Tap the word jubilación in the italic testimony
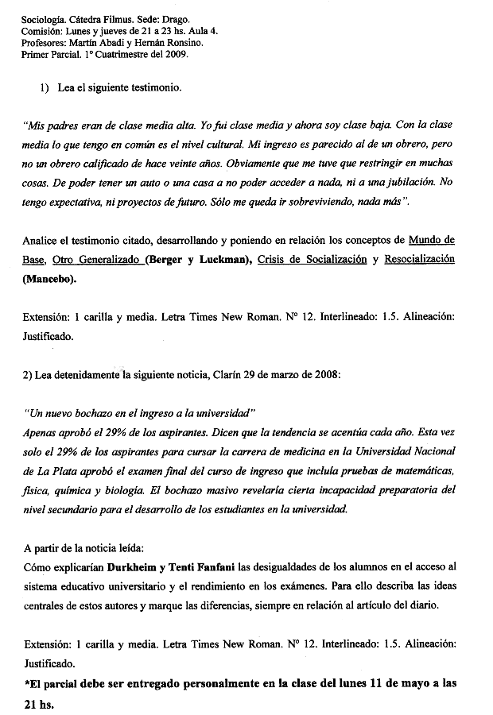click(398, 183)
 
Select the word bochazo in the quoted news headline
click(93, 415)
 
